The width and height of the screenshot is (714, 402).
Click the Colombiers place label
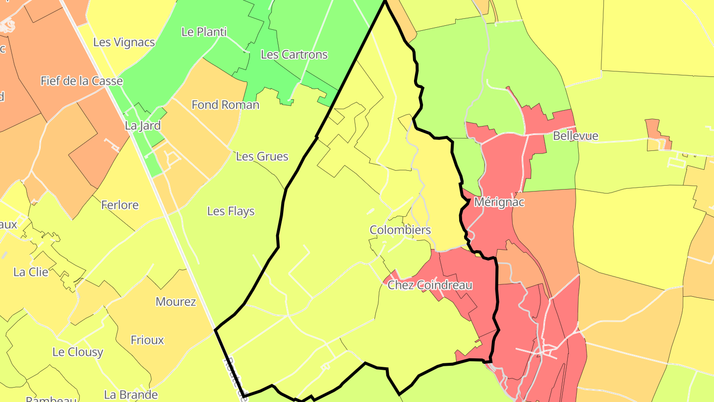point(400,230)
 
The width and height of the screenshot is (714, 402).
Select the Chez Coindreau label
point(429,285)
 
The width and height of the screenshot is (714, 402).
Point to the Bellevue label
point(575,136)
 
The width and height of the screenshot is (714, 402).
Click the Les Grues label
point(262,157)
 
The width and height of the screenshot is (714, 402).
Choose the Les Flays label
point(231,211)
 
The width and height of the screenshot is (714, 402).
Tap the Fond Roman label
point(225,105)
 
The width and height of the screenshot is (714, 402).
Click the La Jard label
point(143,126)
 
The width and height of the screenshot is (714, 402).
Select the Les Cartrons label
point(294,55)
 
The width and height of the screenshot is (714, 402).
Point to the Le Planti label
point(204,32)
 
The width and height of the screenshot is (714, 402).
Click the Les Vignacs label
point(124,43)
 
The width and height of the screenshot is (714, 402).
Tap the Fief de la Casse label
point(81,81)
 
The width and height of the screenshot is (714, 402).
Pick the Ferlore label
point(119,205)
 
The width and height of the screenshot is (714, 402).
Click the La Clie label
point(31,272)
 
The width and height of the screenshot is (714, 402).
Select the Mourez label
point(176,302)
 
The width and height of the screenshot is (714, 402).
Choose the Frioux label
point(147,340)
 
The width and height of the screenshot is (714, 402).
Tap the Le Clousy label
point(78,352)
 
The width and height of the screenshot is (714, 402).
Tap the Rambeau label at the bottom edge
point(51,399)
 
